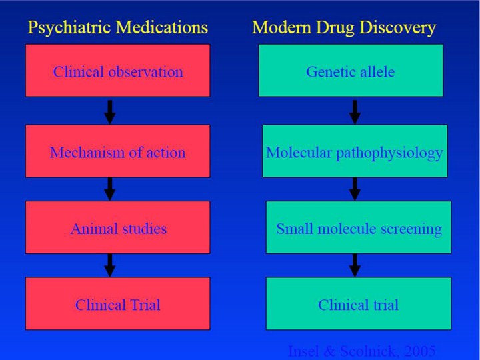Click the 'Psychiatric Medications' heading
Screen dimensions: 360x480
(x=117, y=27)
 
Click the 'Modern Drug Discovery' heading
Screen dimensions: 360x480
(x=344, y=27)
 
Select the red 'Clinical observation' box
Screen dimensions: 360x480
(x=117, y=71)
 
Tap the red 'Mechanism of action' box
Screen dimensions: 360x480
(x=117, y=151)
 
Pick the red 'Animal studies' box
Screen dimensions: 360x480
(x=117, y=228)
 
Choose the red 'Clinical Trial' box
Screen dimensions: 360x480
(x=117, y=304)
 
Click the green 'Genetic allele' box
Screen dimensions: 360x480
(x=350, y=71)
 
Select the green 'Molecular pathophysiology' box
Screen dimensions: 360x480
(x=354, y=151)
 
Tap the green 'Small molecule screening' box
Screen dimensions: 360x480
(x=358, y=228)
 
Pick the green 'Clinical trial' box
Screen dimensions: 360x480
(x=358, y=304)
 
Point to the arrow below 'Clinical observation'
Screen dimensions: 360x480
(x=110, y=111)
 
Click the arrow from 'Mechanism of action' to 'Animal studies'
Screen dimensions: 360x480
(x=110, y=189)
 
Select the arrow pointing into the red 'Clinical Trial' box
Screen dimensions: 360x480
(x=110, y=265)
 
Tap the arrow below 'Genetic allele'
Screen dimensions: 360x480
(x=355, y=111)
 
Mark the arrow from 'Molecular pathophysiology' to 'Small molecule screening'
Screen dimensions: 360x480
(x=355, y=189)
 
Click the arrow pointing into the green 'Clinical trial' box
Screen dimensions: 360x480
(x=355, y=265)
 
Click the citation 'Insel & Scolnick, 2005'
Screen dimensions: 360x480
(x=361, y=351)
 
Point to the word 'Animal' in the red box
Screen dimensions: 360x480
(x=92, y=229)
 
